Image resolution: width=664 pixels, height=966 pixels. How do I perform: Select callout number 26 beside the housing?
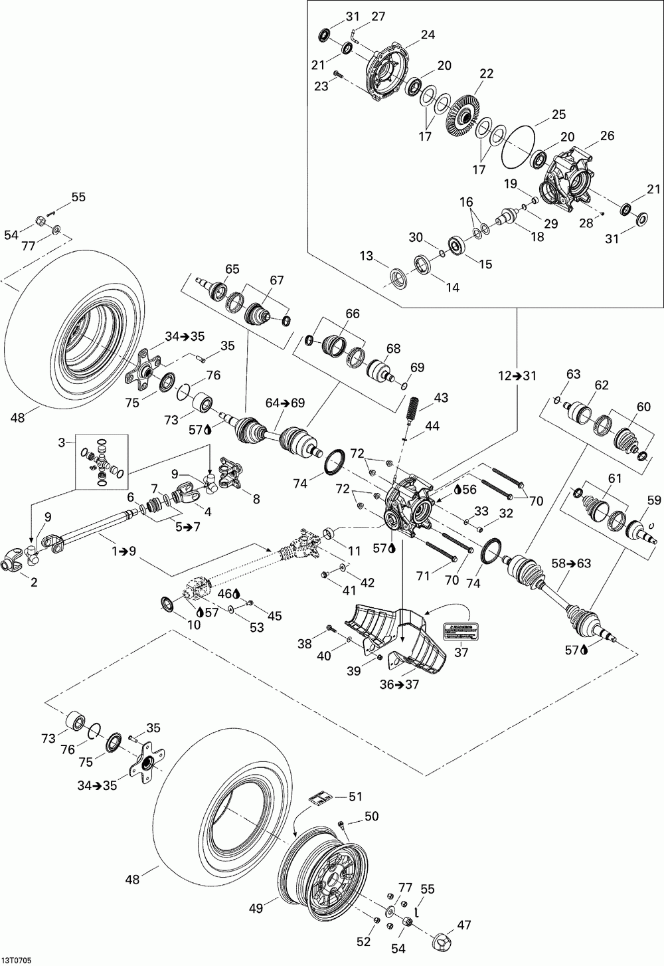tap(607, 136)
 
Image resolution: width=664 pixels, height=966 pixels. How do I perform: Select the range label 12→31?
tap(517, 375)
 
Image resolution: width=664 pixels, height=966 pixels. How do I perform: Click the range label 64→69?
tap(286, 403)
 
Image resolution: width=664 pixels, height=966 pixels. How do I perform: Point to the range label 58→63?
tap(572, 563)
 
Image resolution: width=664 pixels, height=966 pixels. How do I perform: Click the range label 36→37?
tap(399, 684)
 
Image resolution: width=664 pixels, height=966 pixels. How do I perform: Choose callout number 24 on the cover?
tap(428, 35)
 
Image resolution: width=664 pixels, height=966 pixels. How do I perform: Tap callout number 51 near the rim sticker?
tap(355, 797)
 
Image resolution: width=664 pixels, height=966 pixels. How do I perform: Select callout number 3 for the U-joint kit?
tap(62, 442)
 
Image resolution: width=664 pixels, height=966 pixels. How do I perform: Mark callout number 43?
tap(441, 397)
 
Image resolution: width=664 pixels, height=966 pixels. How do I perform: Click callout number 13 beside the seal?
tap(367, 256)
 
